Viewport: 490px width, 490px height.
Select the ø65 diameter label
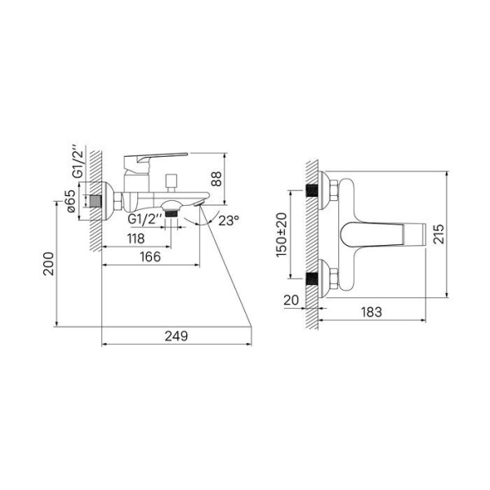(x=71, y=200)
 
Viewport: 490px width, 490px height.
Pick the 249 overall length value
(x=175, y=336)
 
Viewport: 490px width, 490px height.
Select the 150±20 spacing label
(x=281, y=234)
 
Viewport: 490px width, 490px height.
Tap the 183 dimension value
(x=371, y=313)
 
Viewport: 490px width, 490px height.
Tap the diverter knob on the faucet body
(x=171, y=181)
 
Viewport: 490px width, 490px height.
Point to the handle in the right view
(x=384, y=235)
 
